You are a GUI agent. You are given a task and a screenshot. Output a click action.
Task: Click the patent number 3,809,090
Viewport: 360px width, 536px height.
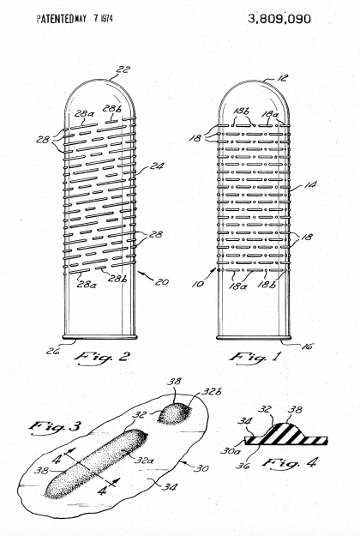279,19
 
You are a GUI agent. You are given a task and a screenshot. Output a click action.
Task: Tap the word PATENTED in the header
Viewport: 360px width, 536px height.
56,19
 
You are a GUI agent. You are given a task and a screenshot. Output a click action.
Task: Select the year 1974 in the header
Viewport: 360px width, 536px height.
106,18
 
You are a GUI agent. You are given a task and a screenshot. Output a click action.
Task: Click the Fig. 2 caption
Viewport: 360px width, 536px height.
102,358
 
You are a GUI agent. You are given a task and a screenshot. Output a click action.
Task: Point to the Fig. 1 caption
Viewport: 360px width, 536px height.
255,358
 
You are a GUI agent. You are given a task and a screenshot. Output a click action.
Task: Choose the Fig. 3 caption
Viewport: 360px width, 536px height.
55,426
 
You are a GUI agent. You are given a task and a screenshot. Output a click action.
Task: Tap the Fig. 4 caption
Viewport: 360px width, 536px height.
290,463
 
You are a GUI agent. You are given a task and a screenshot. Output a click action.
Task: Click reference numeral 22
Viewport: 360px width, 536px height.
123,69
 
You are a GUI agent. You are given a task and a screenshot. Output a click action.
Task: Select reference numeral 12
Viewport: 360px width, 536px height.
282,78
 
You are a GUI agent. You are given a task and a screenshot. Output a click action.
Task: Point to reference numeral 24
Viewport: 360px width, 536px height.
157,166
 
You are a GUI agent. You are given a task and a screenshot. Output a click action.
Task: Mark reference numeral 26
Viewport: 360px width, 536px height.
53,351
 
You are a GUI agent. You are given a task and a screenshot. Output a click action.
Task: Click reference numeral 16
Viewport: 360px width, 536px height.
307,346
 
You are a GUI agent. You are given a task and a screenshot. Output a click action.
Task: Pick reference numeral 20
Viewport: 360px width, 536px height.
162,282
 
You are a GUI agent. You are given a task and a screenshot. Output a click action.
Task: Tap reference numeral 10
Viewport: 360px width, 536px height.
198,284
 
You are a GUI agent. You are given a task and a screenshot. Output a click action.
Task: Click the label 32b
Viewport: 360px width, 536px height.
211,391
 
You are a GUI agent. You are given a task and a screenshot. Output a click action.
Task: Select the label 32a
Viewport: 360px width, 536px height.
143,461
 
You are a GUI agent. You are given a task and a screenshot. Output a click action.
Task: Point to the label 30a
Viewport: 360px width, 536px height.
231,451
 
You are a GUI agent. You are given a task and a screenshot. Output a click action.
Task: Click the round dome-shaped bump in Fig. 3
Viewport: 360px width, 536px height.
175,413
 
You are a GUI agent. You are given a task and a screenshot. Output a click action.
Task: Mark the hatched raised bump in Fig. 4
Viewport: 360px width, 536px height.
283,432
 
